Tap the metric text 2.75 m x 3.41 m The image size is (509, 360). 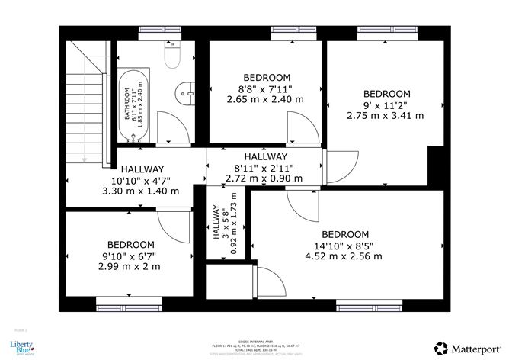pos(385,116)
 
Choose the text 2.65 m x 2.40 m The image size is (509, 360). pos(265,99)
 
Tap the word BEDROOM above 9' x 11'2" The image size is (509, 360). pos(386,94)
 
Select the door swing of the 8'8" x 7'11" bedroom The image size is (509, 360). pos(298,127)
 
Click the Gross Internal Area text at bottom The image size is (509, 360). pos(254,341)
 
